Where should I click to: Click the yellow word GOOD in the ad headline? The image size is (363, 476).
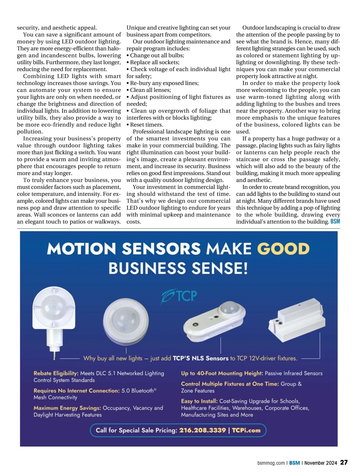[x=283, y=249]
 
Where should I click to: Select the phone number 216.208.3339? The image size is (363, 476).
[x=202, y=430]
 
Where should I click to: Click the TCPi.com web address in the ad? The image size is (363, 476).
[x=246, y=430]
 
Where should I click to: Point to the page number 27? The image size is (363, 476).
[x=344, y=462]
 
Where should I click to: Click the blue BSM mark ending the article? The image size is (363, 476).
[x=335, y=222]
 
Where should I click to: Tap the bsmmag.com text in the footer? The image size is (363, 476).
[x=271, y=463]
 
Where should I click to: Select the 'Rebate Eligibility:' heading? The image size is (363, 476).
[x=56, y=373]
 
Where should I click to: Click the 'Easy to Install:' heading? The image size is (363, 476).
[x=199, y=401]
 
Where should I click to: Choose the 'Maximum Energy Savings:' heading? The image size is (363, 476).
[x=67, y=408]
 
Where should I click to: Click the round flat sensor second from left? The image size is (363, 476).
[x=126, y=320]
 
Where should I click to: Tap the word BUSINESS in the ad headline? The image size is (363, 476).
[x=147, y=268]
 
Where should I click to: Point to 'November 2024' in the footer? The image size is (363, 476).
[x=321, y=463]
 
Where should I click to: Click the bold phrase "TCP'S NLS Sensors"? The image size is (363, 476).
[x=200, y=358]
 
